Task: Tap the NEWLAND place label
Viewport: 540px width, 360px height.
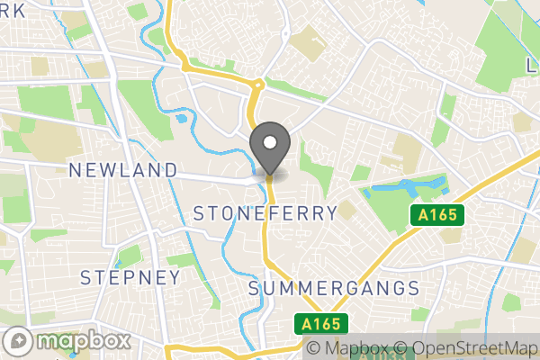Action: tap(123, 170)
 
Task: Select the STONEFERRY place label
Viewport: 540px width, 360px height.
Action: tap(265, 213)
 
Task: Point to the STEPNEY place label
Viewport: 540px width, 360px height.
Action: tap(130, 277)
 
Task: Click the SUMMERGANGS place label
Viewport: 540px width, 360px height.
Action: tap(334, 289)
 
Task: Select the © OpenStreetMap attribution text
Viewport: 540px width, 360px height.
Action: tap(467, 349)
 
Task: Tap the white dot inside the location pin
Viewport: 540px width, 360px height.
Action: tap(269, 141)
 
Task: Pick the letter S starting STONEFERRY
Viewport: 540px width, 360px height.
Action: tap(200, 213)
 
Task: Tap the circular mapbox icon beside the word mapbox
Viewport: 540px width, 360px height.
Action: tap(19, 342)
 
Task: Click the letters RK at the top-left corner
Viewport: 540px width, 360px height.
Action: tap(13, 8)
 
